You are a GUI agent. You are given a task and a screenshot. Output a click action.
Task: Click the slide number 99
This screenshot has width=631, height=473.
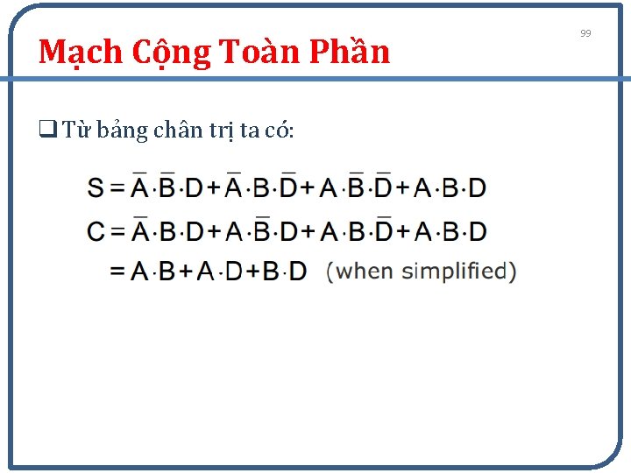[586, 33]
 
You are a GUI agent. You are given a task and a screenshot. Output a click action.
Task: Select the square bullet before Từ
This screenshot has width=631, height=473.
[45, 131]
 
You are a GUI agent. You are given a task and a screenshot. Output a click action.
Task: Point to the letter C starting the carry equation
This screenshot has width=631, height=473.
[96, 232]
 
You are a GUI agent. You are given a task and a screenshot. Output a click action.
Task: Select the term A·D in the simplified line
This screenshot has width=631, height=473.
[217, 272]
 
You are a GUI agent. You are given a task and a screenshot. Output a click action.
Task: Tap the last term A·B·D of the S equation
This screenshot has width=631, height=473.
[450, 188]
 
